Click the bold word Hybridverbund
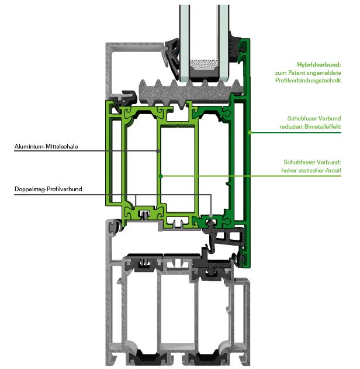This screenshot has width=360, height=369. [319, 64]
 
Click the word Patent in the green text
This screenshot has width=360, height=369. [297, 73]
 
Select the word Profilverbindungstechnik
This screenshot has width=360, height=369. [308, 81]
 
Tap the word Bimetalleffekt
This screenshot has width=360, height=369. [323, 126]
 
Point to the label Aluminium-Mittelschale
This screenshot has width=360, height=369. [46, 146]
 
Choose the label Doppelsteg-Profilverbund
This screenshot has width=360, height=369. [48, 189]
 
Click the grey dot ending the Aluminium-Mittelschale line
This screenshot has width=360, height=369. [158, 151]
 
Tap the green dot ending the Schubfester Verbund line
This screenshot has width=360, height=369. [161, 176]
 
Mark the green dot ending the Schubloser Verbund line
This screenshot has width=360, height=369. [250, 133]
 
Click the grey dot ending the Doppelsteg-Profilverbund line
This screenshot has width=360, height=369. [211, 215]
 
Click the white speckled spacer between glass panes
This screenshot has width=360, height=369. [203, 64]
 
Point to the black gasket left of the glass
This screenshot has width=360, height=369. [172, 59]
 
